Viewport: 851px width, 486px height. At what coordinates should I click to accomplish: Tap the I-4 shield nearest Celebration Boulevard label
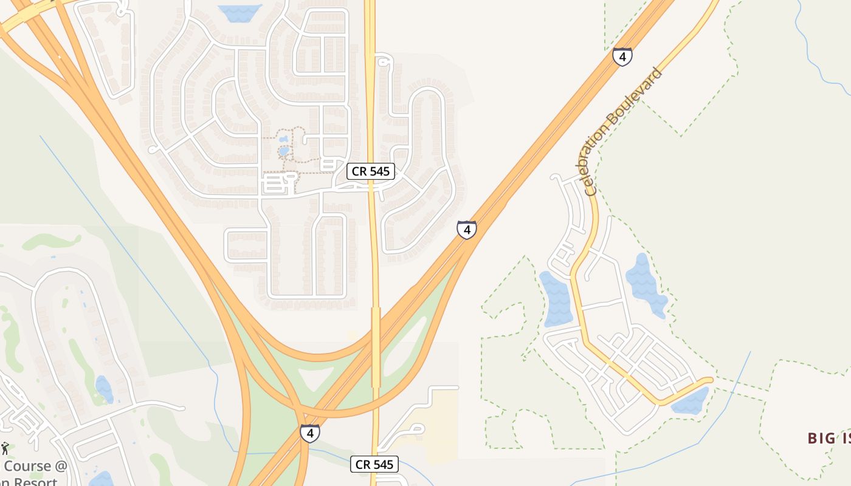622,56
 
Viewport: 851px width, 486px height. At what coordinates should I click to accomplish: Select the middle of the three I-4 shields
467,230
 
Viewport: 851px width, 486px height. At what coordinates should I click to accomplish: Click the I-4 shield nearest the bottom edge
310,433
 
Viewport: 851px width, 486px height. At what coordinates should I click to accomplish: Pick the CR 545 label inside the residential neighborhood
371,171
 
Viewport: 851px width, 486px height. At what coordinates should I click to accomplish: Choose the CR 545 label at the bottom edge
374,465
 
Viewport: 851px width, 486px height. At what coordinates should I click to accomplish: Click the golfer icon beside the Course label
5,449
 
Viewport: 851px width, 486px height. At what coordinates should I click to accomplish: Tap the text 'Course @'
35,467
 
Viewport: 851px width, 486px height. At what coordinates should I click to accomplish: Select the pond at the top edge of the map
239,12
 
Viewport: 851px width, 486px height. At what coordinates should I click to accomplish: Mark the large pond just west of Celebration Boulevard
556,299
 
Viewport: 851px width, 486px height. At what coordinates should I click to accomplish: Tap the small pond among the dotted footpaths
284,150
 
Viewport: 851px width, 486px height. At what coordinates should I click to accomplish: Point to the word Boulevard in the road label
636,108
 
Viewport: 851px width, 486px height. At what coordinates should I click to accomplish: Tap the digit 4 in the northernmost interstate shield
622,56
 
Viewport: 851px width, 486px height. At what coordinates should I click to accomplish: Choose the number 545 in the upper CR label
379,171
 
